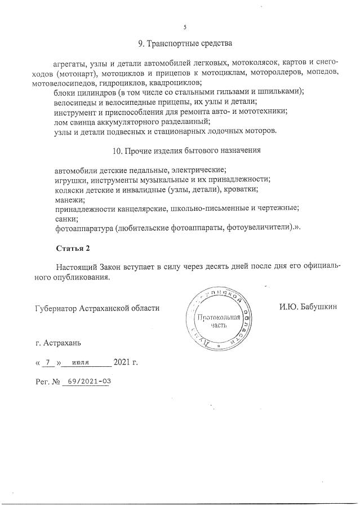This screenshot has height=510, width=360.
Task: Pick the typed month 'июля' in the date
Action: pos(82,362)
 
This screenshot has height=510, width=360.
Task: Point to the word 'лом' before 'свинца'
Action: pos(61,121)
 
